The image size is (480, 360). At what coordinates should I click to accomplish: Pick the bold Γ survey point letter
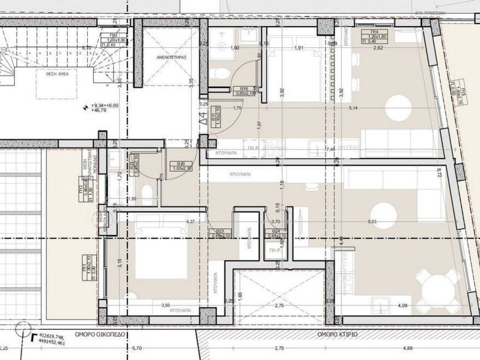point(33,336)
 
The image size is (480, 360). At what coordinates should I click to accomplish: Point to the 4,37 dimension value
point(190,222)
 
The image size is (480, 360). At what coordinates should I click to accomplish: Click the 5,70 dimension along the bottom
point(137,348)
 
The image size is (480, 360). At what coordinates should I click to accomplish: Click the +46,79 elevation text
point(99,112)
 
